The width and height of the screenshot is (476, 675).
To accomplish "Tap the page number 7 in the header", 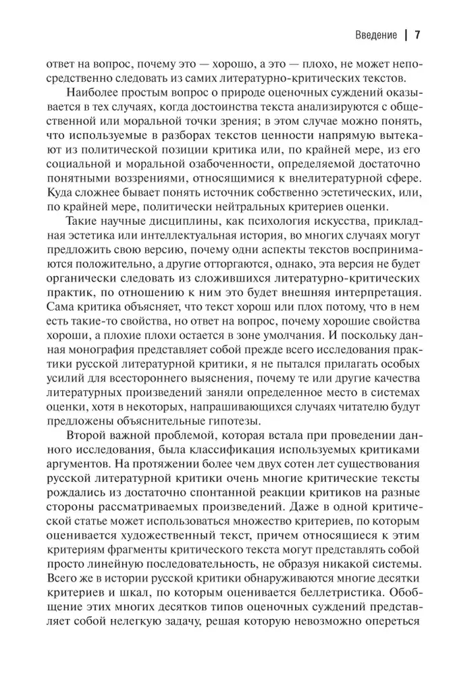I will click(418, 35).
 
